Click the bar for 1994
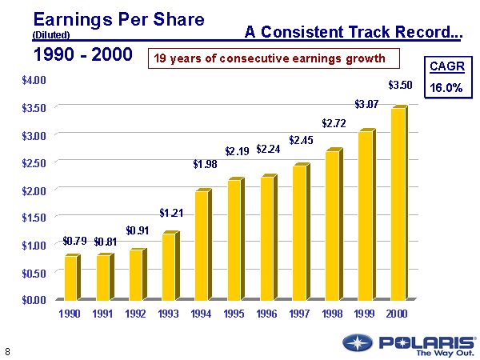pos(202,245)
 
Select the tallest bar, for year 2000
pos(398,203)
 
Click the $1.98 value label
pos(205,165)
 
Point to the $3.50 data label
pos(400,84)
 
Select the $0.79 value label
pos(74,240)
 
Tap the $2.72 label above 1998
pos(334,123)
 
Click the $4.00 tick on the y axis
pos(34,80)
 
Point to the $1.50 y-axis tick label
pos(34,217)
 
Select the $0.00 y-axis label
pos(34,300)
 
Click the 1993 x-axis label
pos(169,314)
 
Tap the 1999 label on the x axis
pos(365,314)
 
